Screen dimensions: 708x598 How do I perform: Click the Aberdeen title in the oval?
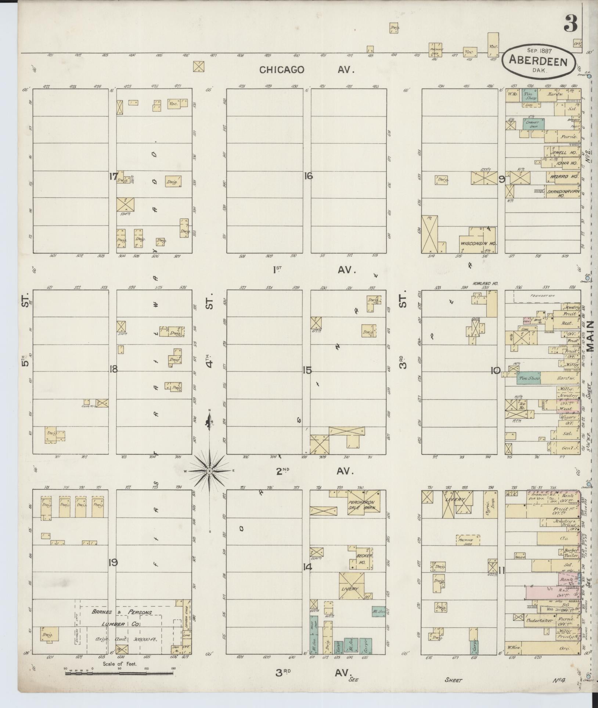tap(538, 62)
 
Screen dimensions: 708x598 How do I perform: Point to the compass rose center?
tap(209, 471)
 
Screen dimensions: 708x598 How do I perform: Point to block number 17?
tap(113, 176)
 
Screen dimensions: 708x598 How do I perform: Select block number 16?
tap(308, 176)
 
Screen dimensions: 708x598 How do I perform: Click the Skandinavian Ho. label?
tap(563, 194)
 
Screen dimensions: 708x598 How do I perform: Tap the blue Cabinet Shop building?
tap(533, 124)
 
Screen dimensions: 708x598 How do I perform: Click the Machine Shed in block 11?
tap(468, 540)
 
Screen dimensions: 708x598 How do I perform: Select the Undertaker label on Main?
tap(540, 620)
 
